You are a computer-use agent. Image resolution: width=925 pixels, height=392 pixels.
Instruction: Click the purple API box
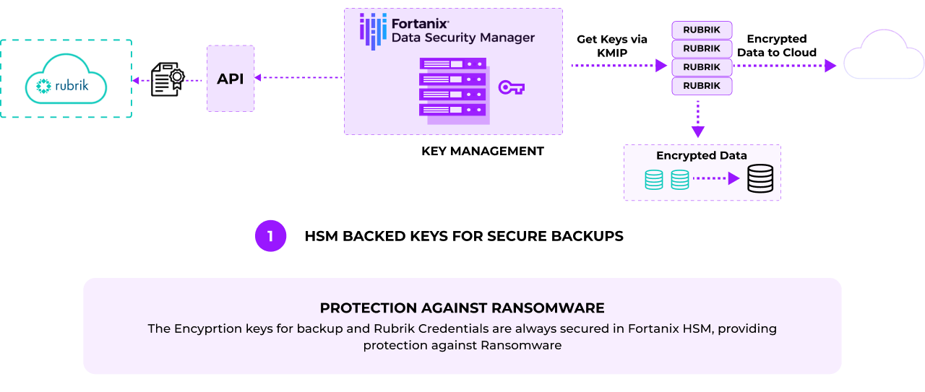pos(231,79)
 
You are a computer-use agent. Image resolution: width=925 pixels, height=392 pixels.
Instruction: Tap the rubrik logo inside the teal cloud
pos(66,86)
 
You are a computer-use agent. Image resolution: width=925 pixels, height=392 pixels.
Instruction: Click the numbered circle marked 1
pos(270,236)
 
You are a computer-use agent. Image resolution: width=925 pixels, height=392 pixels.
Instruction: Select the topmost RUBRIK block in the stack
pos(702,30)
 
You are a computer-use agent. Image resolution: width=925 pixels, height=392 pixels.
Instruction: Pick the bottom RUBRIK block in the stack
pos(702,86)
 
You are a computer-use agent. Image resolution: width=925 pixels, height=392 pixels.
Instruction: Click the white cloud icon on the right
pos(884,56)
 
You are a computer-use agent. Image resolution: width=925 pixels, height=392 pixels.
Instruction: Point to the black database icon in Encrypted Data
pos(760,178)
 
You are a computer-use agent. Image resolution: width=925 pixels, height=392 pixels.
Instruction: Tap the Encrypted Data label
pos(701,156)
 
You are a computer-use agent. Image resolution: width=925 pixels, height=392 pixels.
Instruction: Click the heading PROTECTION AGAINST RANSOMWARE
pos(462,308)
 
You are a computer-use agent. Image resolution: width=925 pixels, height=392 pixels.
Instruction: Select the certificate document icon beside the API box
pos(167,79)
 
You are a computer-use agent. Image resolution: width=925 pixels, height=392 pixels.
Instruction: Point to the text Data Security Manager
pos(463,38)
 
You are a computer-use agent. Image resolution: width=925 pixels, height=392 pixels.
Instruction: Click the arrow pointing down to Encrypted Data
pos(697,131)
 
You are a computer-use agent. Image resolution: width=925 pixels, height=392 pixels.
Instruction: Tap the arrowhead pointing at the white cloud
pos(830,66)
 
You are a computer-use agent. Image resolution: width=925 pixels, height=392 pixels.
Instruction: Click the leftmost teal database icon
pos(653,179)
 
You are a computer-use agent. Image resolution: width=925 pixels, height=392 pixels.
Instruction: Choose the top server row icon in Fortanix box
pos(452,64)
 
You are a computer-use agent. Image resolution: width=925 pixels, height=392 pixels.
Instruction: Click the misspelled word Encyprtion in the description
pos(205,329)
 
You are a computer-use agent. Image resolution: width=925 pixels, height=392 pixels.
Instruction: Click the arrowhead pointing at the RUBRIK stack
pos(661,66)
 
